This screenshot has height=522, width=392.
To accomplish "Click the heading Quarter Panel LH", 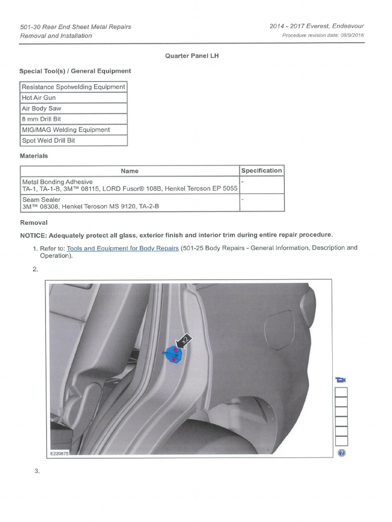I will (191, 56).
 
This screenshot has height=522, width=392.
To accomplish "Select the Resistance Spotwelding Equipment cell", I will (73, 87).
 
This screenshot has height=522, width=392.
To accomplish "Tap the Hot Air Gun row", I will (73, 98).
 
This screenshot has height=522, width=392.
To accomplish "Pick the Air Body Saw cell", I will (73, 109).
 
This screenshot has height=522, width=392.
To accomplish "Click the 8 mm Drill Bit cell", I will (73, 119).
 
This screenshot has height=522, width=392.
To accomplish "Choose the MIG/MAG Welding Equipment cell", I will (73, 130).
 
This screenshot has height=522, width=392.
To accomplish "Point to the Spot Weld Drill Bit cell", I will (73, 141).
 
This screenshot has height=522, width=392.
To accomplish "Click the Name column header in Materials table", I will (130, 171).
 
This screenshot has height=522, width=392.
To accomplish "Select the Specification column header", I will (261, 171).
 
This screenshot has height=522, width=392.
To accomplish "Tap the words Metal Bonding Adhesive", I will (57, 182).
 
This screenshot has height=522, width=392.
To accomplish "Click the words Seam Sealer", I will (41, 200).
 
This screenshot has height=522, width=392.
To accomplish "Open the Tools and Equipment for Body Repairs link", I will (122, 248).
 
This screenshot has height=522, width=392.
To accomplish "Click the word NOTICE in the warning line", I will (33, 235).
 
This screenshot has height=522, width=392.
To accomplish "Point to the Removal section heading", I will (34, 223).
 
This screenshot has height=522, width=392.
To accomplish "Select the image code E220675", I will (59, 453).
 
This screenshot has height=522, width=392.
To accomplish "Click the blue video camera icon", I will (341, 380).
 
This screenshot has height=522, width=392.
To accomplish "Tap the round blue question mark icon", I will (341, 453).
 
